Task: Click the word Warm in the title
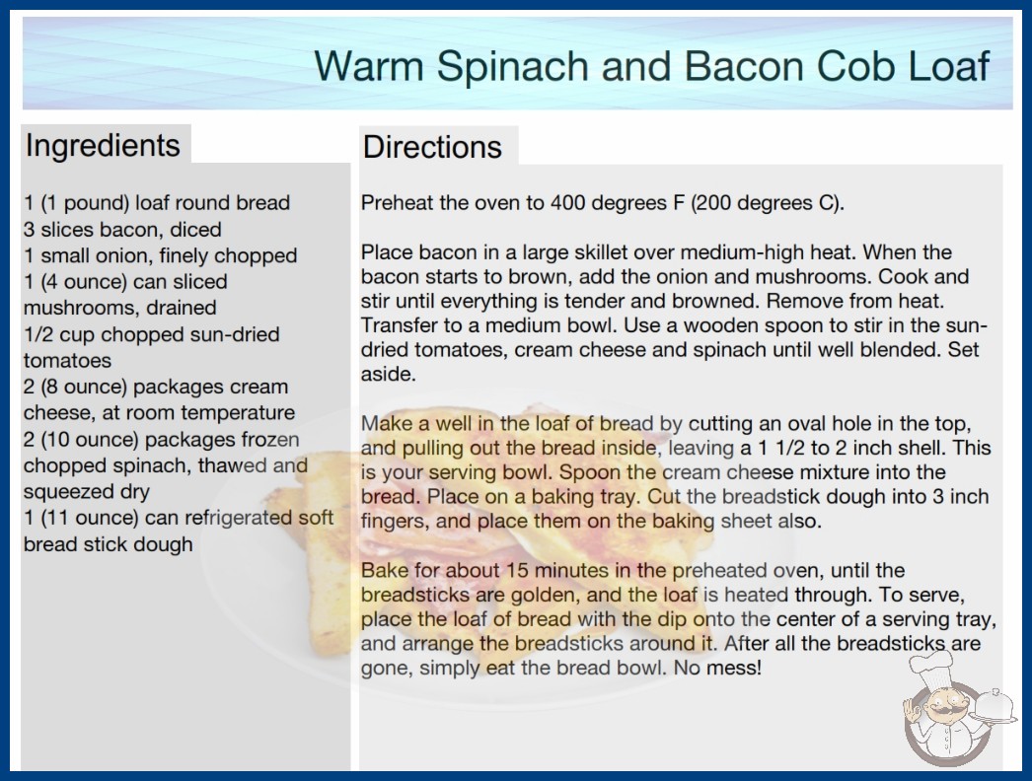pyautogui.click(x=369, y=66)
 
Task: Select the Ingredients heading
pyautogui.click(x=103, y=146)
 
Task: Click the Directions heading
pyautogui.click(x=432, y=147)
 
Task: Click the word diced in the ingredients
pyautogui.click(x=195, y=230)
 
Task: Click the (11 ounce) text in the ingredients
pyautogui.click(x=90, y=518)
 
